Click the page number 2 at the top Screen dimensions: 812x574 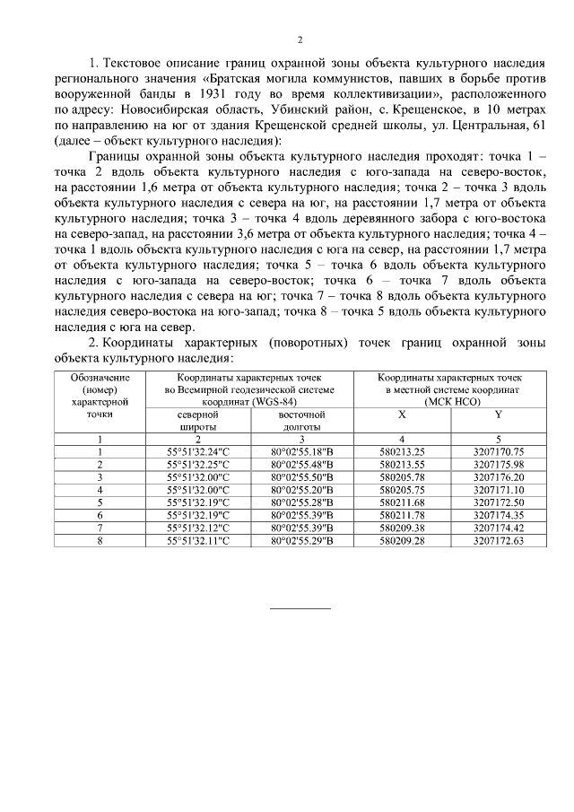click(x=300, y=39)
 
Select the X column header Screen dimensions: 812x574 click(x=400, y=415)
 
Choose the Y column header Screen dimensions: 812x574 click(x=498, y=415)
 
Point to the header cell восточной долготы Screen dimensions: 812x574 click(x=301, y=422)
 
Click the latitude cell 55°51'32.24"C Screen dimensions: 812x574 click(x=198, y=451)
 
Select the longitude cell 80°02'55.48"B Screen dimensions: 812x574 click(x=301, y=465)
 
